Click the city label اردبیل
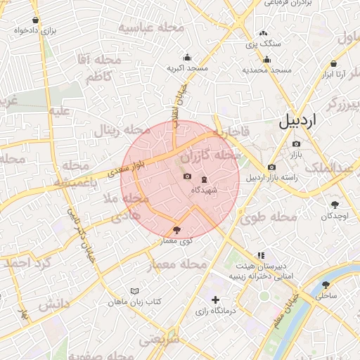click(298, 120)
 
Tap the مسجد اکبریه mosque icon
click(187, 58)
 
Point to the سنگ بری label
click(263, 44)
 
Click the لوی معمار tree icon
click(176, 230)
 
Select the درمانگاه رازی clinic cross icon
click(216, 300)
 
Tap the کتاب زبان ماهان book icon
click(134, 291)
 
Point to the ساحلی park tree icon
click(325, 285)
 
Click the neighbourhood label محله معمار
click(179, 265)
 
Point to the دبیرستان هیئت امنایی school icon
click(261, 256)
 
